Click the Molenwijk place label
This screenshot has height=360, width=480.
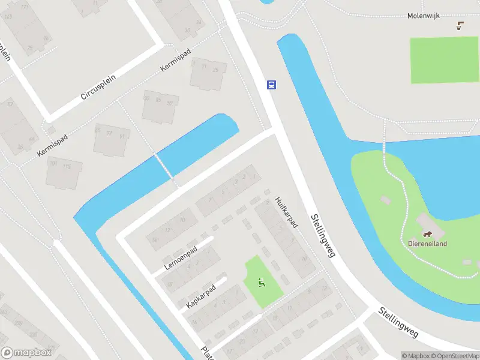tap(424, 16)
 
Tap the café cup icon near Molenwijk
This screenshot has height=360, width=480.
tap(460, 25)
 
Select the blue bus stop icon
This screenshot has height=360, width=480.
tap(271, 85)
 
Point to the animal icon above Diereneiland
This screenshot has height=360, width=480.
tap(428, 235)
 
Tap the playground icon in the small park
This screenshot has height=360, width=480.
tap(261, 281)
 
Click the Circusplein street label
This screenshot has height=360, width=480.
tap(97, 88)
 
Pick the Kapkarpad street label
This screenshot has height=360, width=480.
tap(200, 296)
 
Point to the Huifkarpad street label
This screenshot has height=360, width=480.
tap(286, 212)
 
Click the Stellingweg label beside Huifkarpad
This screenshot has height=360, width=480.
tap(322, 236)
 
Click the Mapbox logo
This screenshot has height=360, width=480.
tap(25, 353)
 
